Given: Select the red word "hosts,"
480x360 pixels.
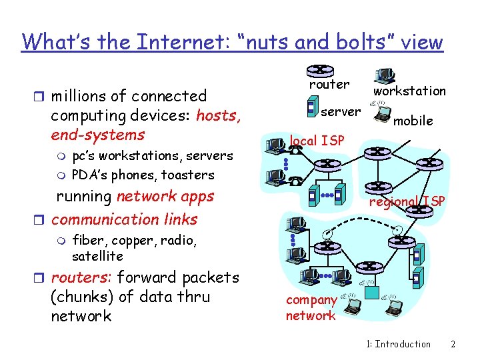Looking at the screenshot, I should (218, 115).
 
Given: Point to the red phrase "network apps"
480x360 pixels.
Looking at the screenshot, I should (165, 196).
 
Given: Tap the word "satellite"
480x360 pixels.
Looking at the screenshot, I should (97, 256).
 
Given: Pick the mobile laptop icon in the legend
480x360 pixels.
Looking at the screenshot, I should (383, 114).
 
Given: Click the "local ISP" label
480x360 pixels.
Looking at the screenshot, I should (317, 141).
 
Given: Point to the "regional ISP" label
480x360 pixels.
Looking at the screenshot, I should (407, 202).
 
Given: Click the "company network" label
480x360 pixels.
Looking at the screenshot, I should (311, 308).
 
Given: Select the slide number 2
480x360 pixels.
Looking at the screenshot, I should (453, 344).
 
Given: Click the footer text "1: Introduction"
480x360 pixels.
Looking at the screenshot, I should (399, 344).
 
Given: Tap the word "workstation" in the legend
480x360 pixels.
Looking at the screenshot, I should (409, 91).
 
